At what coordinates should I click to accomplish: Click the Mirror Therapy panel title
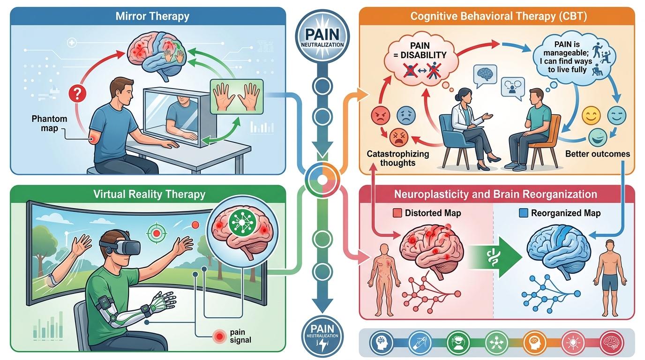coord(153,16)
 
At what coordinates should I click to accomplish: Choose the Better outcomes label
coord(597,153)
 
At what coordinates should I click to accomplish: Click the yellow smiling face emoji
coord(591,115)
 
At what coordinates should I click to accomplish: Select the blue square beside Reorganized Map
coord(523,213)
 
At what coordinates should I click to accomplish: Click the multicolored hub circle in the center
coord(322,180)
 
